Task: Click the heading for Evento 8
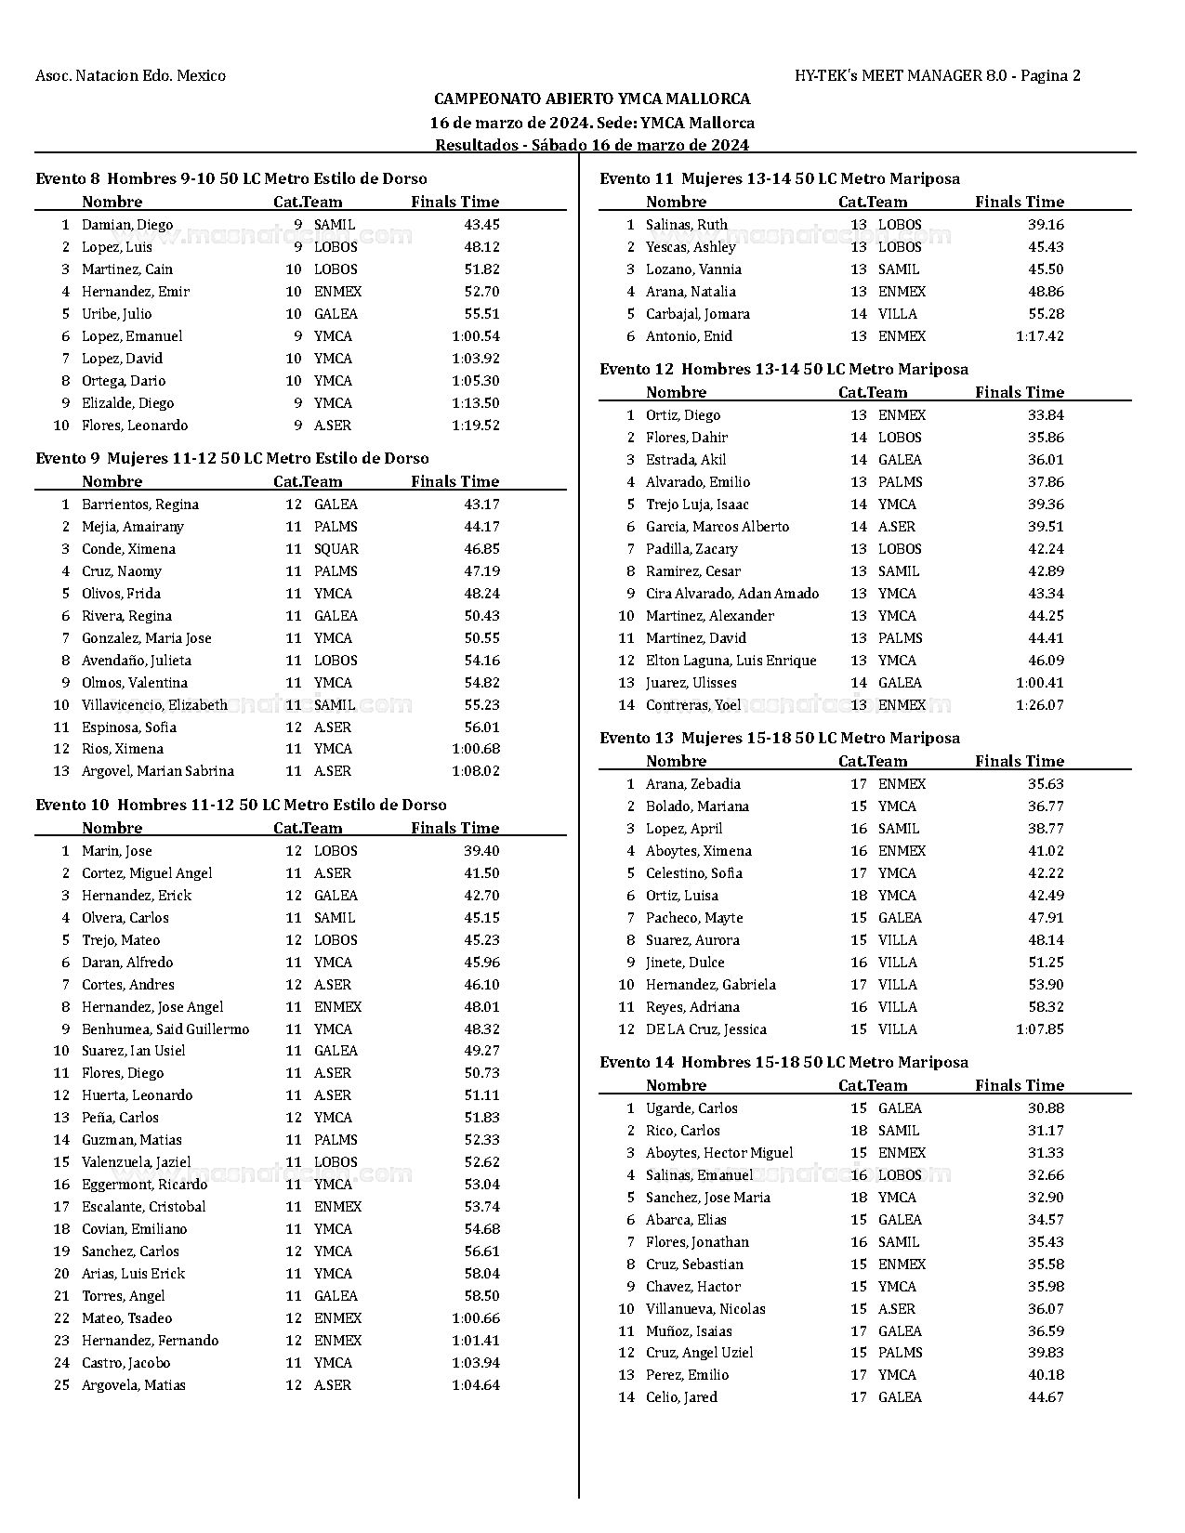click(x=231, y=178)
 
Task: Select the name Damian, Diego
click(x=127, y=225)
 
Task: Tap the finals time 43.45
click(x=481, y=225)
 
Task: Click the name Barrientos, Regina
click(x=140, y=504)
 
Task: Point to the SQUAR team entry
click(x=336, y=549)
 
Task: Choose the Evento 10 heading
click(x=241, y=805)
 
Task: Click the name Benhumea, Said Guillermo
click(x=165, y=1029)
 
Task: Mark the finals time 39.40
click(x=481, y=851)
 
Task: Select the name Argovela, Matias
click(x=134, y=1385)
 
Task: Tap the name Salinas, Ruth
click(x=687, y=225)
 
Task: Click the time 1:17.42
click(x=1040, y=336)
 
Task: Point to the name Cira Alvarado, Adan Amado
click(x=732, y=594)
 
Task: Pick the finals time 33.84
click(x=1047, y=415)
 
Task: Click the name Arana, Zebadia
click(x=693, y=784)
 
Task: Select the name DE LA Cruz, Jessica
click(x=706, y=1029)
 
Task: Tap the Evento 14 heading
click(x=783, y=1062)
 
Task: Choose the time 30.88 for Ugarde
click(x=1047, y=1108)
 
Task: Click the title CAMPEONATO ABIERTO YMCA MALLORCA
click(x=592, y=98)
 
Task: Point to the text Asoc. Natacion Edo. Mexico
click(x=130, y=75)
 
